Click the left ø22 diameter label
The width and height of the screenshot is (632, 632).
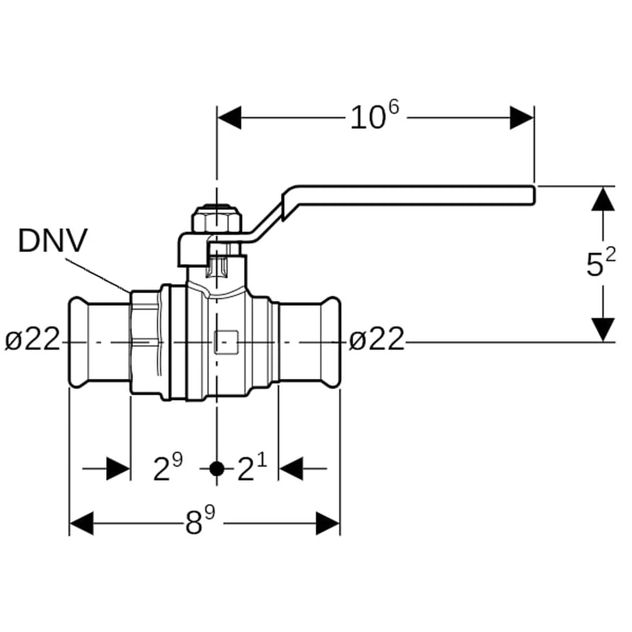pos(32,339)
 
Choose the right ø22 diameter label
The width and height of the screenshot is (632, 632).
pos(377,339)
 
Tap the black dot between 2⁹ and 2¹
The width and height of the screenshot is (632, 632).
pos(217,469)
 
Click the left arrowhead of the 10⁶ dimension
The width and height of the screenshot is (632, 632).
pos(229,118)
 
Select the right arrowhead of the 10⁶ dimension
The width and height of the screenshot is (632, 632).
pos(522,118)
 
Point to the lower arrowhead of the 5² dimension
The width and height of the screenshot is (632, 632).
pos(603,329)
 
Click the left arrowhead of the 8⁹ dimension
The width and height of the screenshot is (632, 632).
pos(82,523)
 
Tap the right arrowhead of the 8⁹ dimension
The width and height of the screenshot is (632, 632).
pos(328,523)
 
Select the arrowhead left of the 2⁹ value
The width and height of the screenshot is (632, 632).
pos(118,469)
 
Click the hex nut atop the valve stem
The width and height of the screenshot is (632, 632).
pos(217,218)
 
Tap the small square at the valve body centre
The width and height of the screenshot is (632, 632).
pos(226,342)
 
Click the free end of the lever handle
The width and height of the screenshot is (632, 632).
pos(534,195)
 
